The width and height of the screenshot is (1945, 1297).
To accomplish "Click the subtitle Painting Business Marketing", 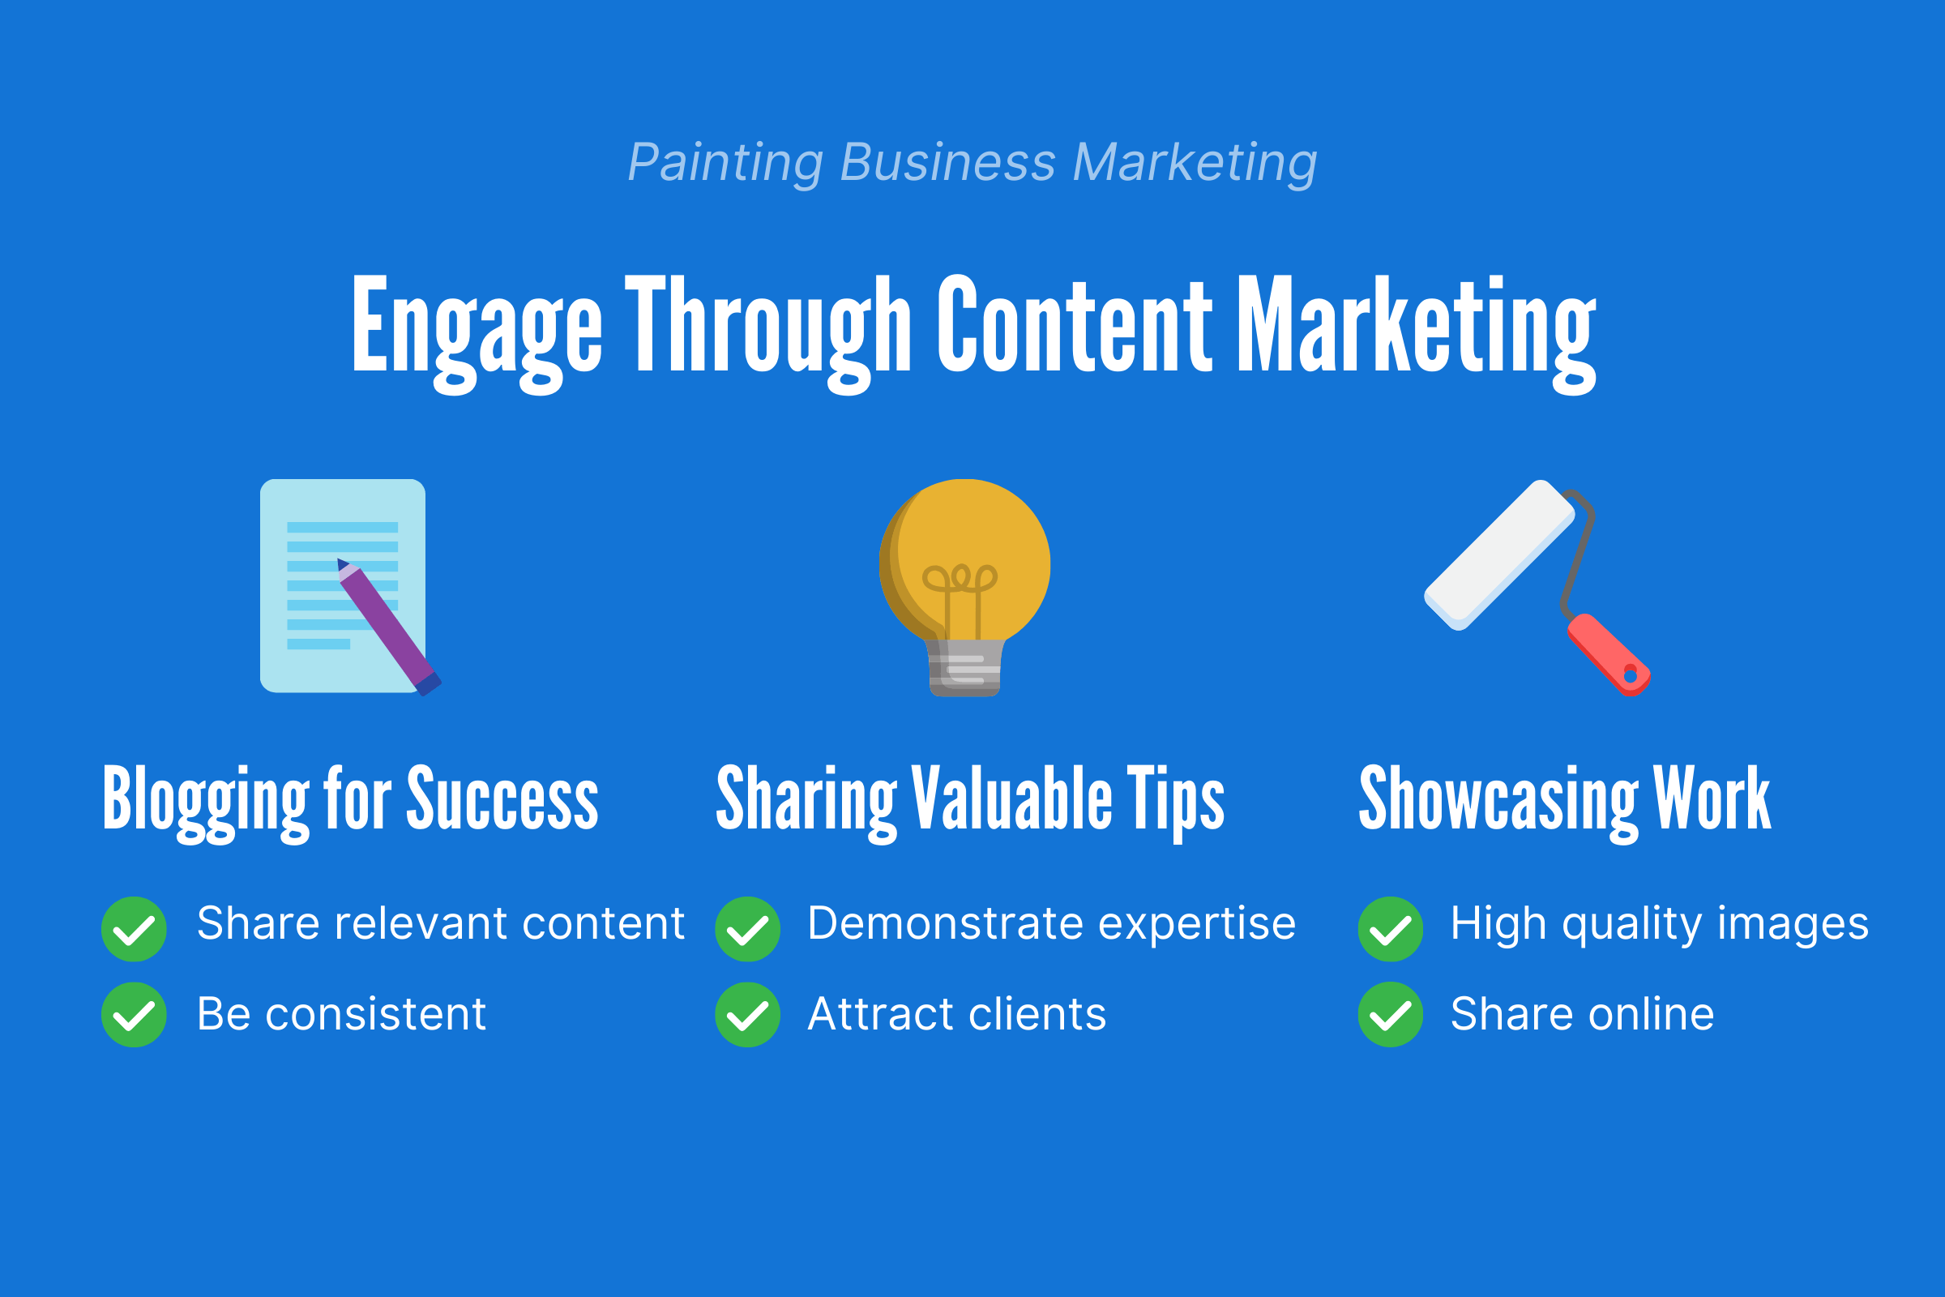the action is [x=972, y=163].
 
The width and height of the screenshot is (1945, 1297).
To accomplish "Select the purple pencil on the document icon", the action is [x=389, y=627].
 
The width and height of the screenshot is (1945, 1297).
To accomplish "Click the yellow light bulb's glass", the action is [x=965, y=561].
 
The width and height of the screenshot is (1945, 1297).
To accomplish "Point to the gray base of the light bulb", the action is [x=965, y=667].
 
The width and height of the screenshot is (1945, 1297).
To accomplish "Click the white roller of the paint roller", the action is [x=1499, y=555].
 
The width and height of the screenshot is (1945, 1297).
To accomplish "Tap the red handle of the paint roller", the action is [x=1609, y=654].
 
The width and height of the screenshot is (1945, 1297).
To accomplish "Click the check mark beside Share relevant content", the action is [x=134, y=930].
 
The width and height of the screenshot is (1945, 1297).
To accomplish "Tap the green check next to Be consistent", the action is [x=134, y=1015].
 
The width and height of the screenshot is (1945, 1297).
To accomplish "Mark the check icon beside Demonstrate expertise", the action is [x=747, y=930].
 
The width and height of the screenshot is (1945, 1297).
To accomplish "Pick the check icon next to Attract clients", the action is [x=747, y=1015].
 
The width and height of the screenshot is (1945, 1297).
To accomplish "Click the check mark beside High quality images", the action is [x=1391, y=930].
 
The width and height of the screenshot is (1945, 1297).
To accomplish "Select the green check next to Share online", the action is [x=1391, y=1015].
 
